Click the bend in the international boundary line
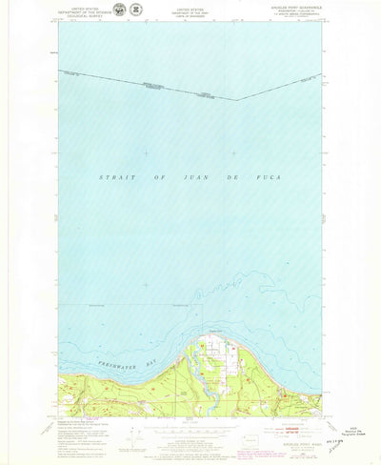click(235, 98)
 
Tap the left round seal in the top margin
click(118, 10)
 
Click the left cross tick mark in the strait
click(146, 152)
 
